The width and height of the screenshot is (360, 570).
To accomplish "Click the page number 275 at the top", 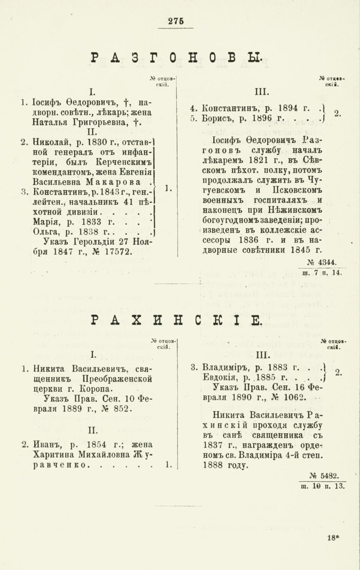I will tap(176, 20).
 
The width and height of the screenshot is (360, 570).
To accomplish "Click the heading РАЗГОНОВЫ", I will tap(176, 57).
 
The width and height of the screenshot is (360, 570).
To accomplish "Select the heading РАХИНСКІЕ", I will tap(176, 321).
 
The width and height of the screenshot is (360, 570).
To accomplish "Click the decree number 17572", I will tap(114, 253).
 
